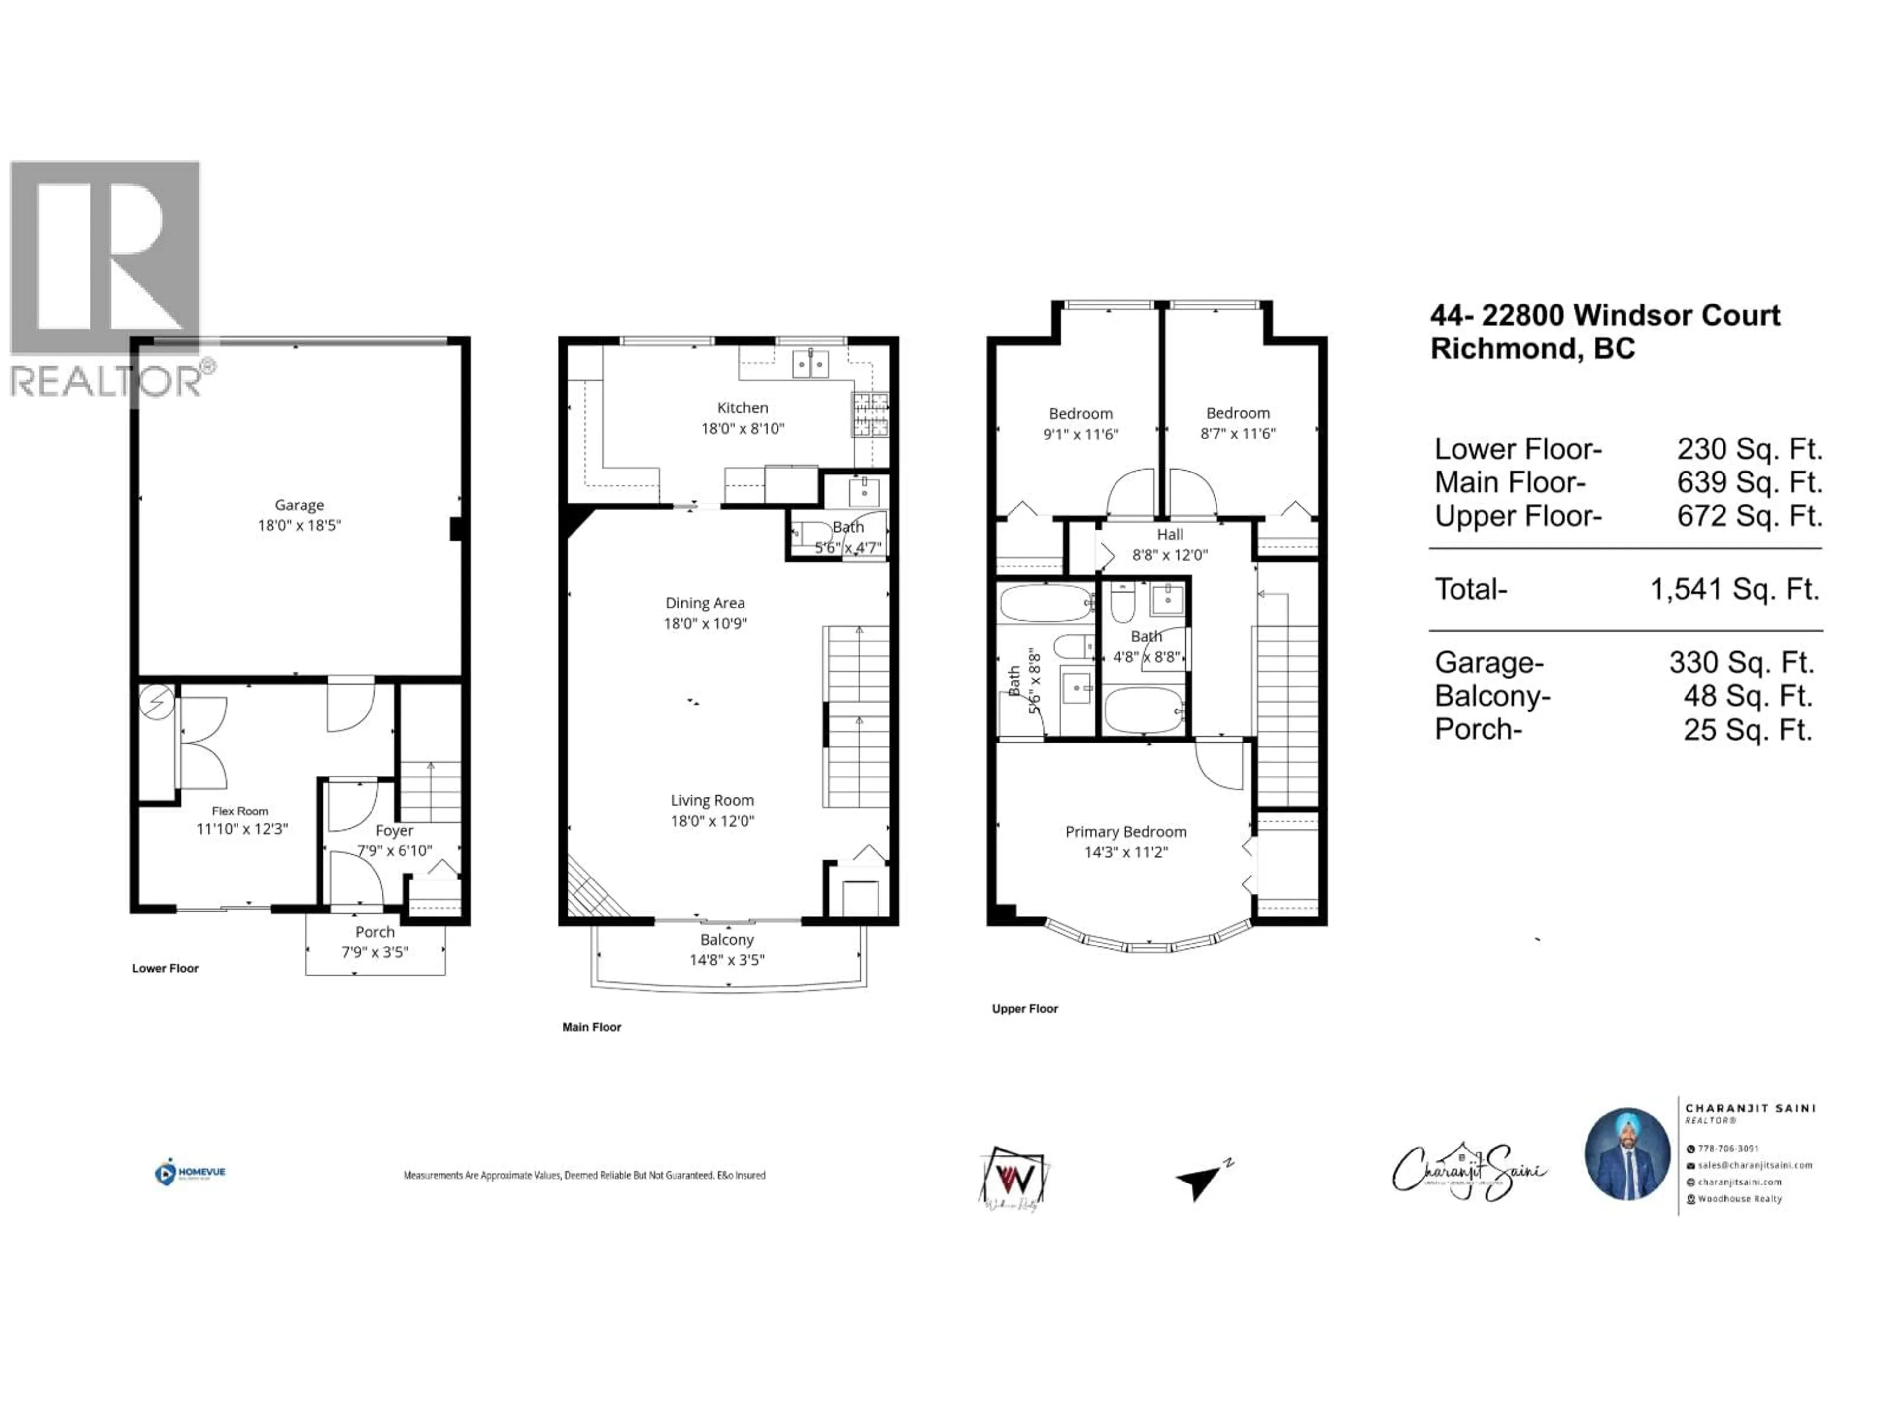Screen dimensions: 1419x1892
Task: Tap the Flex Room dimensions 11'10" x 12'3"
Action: pos(242,829)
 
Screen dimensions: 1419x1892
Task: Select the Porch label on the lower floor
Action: pos(374,931)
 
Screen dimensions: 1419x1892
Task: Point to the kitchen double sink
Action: pos(810,365)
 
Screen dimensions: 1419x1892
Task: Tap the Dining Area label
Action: pos(705,603)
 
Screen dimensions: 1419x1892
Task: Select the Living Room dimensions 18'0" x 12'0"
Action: pos(711,821)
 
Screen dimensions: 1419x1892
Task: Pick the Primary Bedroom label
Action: pos(1126,831)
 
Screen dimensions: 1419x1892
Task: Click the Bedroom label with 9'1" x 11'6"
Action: pos(1081,414)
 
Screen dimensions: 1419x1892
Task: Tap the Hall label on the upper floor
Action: pos(1169,535)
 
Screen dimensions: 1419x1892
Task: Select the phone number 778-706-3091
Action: pos(1728,1149)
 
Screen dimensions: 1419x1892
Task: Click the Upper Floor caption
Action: pos(1025,1009)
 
